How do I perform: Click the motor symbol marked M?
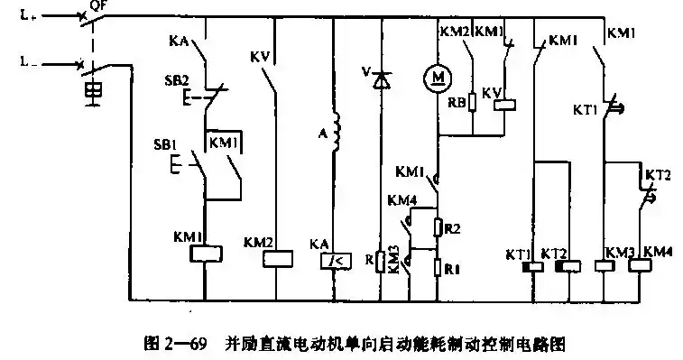(x=438, y=78)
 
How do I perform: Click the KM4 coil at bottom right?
(x=640, y=266)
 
